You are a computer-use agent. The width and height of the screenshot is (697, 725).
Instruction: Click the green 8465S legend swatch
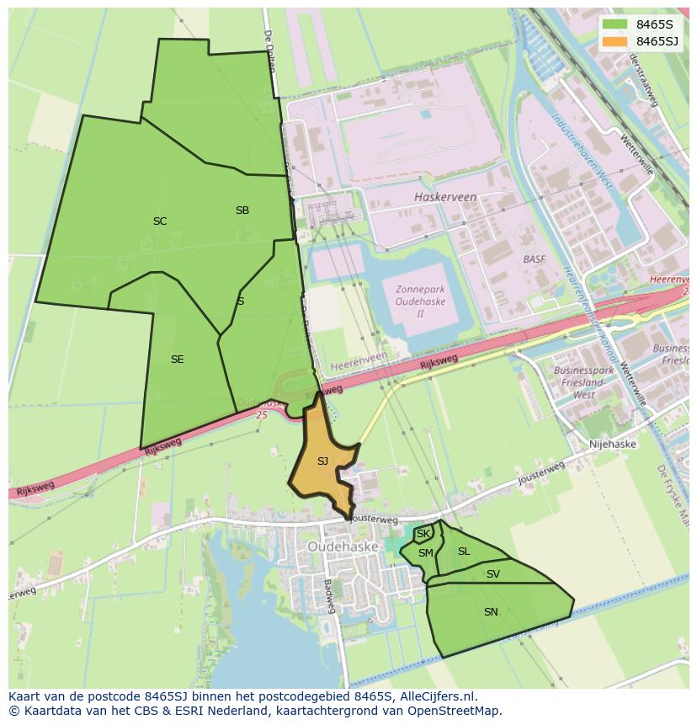pos(615,24)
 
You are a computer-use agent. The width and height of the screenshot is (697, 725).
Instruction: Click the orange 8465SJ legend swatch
pos(615,41)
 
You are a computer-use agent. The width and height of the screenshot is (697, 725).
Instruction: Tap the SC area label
pos(160,221)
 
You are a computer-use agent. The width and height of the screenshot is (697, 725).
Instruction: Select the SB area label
pos(242,211)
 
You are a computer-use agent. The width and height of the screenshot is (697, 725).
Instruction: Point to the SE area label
pos(177,360)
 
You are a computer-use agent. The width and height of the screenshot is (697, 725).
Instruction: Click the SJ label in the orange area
pos(322,461)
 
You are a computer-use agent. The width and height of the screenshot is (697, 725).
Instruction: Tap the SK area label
pos(423,534)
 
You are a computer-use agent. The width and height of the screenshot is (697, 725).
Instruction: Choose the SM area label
pos(426,553)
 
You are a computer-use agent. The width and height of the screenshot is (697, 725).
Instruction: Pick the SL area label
pos(464,552)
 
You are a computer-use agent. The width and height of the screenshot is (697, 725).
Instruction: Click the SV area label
pos(493,574)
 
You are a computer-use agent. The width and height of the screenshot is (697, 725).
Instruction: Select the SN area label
pos(491,612)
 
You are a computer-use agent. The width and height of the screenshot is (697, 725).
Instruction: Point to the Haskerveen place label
pos(445,197)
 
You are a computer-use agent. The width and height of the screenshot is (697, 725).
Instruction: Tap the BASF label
pos(535,259)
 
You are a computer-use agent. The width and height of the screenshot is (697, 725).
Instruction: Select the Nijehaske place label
pos(613,445)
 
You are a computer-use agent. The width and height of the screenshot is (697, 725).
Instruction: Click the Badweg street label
pos(328,597)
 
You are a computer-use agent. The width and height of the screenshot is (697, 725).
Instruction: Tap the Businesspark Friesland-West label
pos(583,382)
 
